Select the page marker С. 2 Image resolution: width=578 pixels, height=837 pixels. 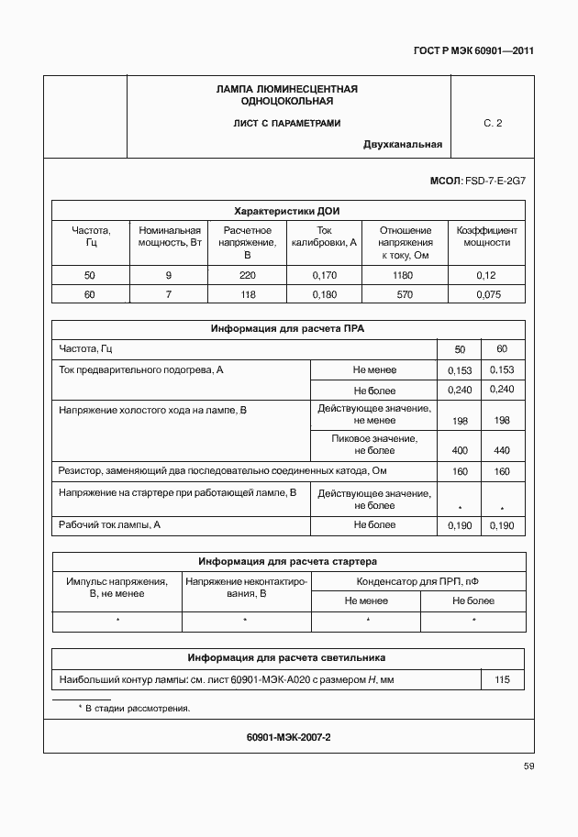(493, 123)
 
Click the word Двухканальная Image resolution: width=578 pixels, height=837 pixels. (402, 144)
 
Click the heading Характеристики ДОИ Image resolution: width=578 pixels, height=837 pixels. (287, 209)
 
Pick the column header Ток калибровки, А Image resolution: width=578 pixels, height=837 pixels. (324, 237)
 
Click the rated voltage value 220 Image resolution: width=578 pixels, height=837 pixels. (247, 275)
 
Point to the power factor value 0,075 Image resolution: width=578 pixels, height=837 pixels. (485, 294)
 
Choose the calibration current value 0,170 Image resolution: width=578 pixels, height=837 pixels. (324, 275)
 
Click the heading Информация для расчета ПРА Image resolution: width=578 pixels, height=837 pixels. (287, 328)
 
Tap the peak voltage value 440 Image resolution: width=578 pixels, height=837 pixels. (501, 451)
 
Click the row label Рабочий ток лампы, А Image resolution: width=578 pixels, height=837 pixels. (110, 525)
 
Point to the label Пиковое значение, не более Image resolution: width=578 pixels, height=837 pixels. (373, 445)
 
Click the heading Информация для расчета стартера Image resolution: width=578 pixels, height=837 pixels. (287, 561)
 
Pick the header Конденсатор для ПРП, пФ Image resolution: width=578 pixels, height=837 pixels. (417, 581)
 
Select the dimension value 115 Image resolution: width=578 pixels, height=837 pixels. (502, 679)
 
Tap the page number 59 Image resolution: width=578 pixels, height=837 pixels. (528, 765)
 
